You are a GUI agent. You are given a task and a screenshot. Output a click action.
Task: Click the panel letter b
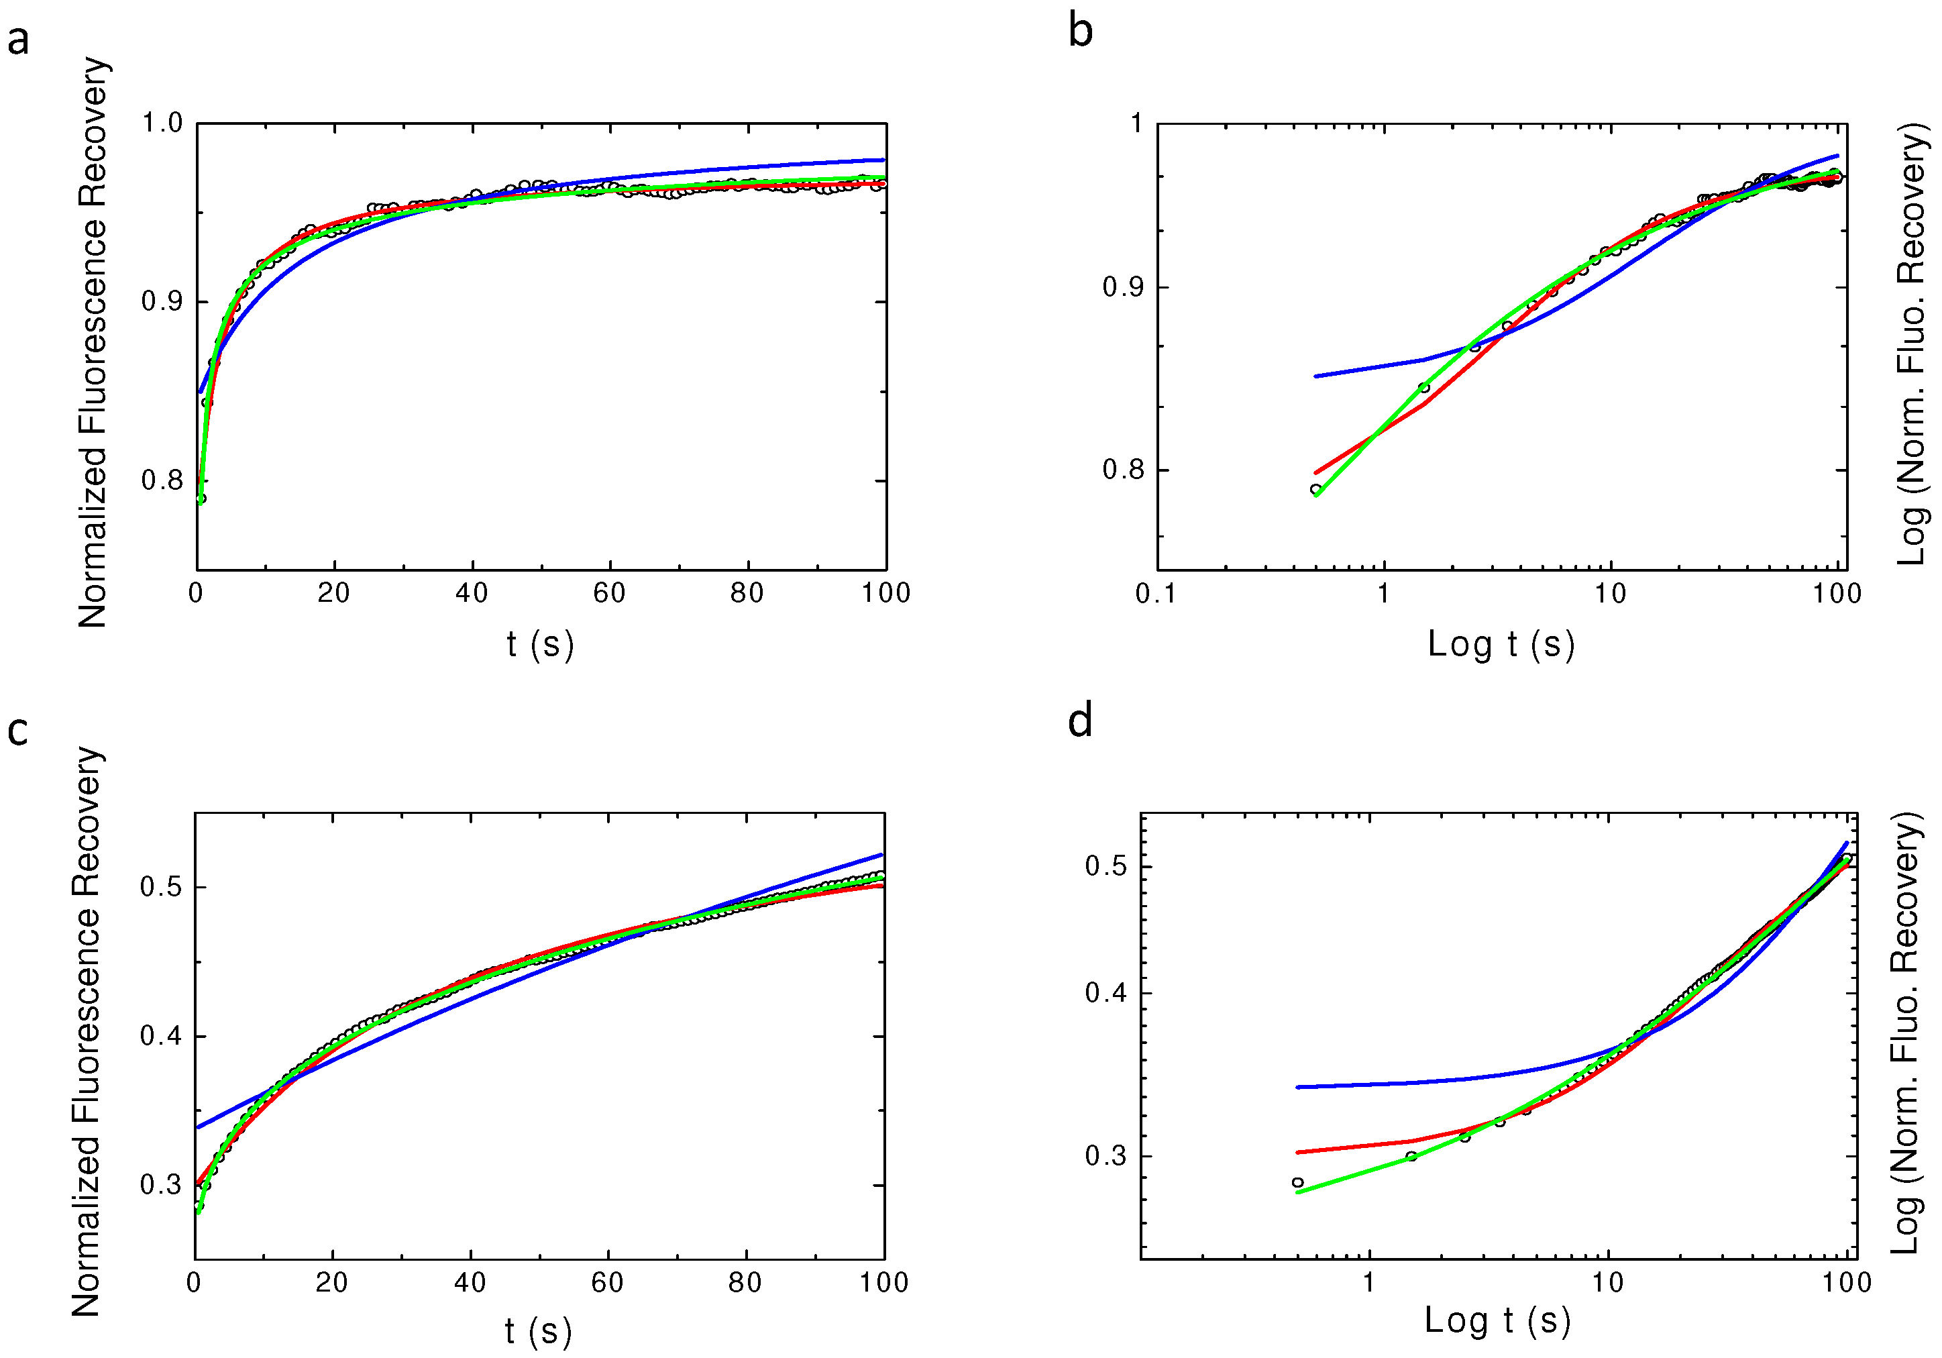1080,32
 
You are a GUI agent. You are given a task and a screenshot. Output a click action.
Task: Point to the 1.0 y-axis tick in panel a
162,123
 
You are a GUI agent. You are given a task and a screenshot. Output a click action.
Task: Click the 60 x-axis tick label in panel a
609,594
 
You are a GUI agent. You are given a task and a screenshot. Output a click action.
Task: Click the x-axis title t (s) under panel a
539,645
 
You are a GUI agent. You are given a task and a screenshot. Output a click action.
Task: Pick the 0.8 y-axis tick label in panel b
1122,470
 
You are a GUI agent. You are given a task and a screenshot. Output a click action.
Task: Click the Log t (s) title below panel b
1501,645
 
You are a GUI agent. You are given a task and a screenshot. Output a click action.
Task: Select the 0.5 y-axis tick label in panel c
161,888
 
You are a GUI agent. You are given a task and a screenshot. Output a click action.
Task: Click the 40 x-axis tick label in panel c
470,1283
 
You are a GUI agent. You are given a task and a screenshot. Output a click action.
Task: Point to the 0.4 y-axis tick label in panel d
1106,992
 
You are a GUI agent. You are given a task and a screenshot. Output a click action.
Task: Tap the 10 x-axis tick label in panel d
1607,1283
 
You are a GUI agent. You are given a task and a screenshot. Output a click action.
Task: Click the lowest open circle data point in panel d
1297,1183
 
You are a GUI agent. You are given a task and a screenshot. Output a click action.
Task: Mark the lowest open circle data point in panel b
1315,489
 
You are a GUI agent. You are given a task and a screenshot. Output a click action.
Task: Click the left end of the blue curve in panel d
1297,1087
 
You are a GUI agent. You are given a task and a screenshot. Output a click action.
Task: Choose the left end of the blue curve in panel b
1315,376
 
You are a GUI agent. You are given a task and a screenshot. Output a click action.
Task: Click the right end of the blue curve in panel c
882,855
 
